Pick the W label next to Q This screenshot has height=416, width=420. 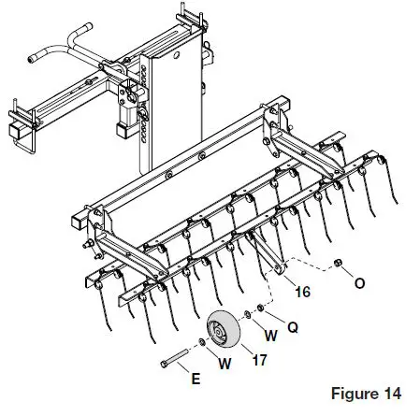click(271, 334)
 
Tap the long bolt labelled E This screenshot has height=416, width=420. click(181, 356)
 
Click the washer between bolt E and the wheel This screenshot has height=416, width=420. click(203, 346)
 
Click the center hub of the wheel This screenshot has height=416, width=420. click(219, 332)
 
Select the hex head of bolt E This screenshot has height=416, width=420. click(165, 362)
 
